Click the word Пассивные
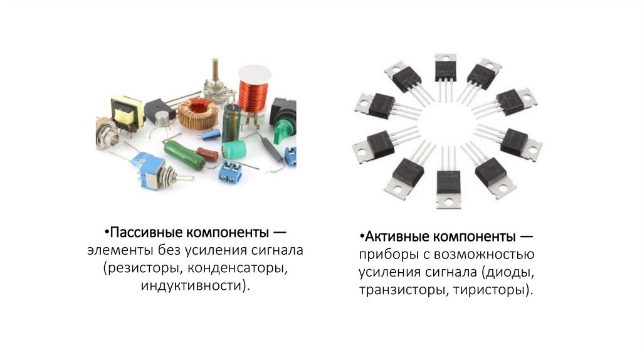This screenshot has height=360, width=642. (x=146, y=232)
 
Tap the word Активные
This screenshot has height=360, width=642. (x=397, y=236)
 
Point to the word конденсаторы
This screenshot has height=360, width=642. (x=236, y=268)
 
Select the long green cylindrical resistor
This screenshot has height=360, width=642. (x=184, y=154)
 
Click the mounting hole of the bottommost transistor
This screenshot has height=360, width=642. (x=449, y=201)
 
